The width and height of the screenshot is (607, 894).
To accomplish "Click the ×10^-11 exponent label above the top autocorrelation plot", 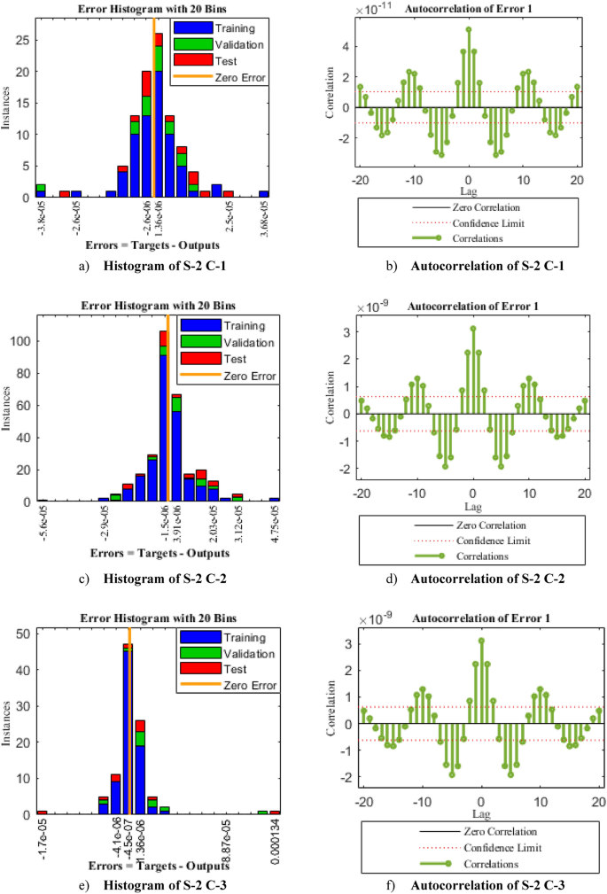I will (373, 12).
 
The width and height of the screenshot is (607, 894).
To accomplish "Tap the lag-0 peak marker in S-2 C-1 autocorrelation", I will (469, 29).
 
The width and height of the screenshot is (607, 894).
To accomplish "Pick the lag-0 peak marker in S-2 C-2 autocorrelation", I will (472, 328).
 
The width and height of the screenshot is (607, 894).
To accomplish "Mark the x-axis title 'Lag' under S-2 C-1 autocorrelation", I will (469, 190).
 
